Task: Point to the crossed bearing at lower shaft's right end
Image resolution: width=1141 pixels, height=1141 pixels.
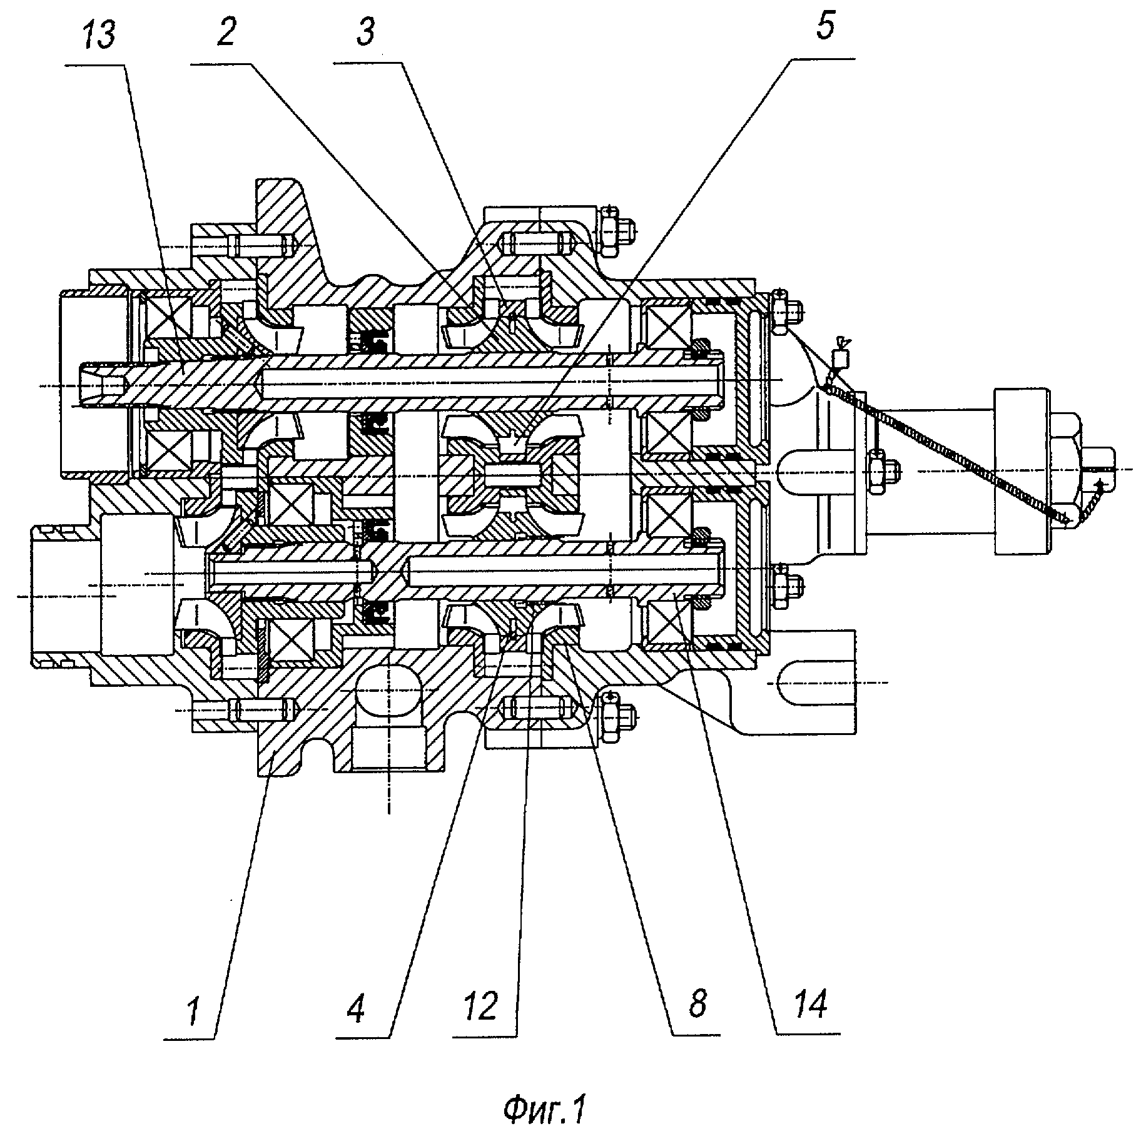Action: click(x=667, y=612)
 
